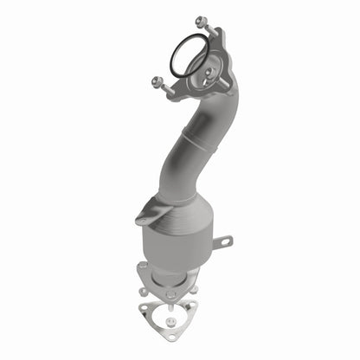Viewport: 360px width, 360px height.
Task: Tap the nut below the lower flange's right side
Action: coord(196,289)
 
